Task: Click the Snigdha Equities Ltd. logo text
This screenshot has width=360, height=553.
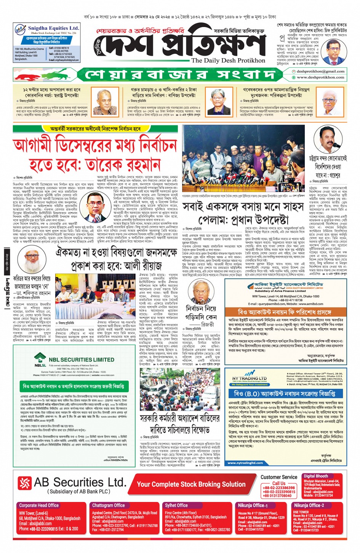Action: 53,28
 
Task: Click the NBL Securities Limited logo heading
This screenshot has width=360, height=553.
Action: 81,360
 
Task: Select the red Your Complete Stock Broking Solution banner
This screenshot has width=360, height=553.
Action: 191,484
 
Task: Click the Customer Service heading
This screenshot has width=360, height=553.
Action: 279,477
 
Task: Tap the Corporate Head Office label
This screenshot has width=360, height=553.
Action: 39,505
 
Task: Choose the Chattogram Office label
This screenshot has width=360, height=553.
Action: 109,505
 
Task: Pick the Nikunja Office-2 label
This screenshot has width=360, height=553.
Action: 309,505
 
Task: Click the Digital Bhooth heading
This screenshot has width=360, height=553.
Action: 316,476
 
